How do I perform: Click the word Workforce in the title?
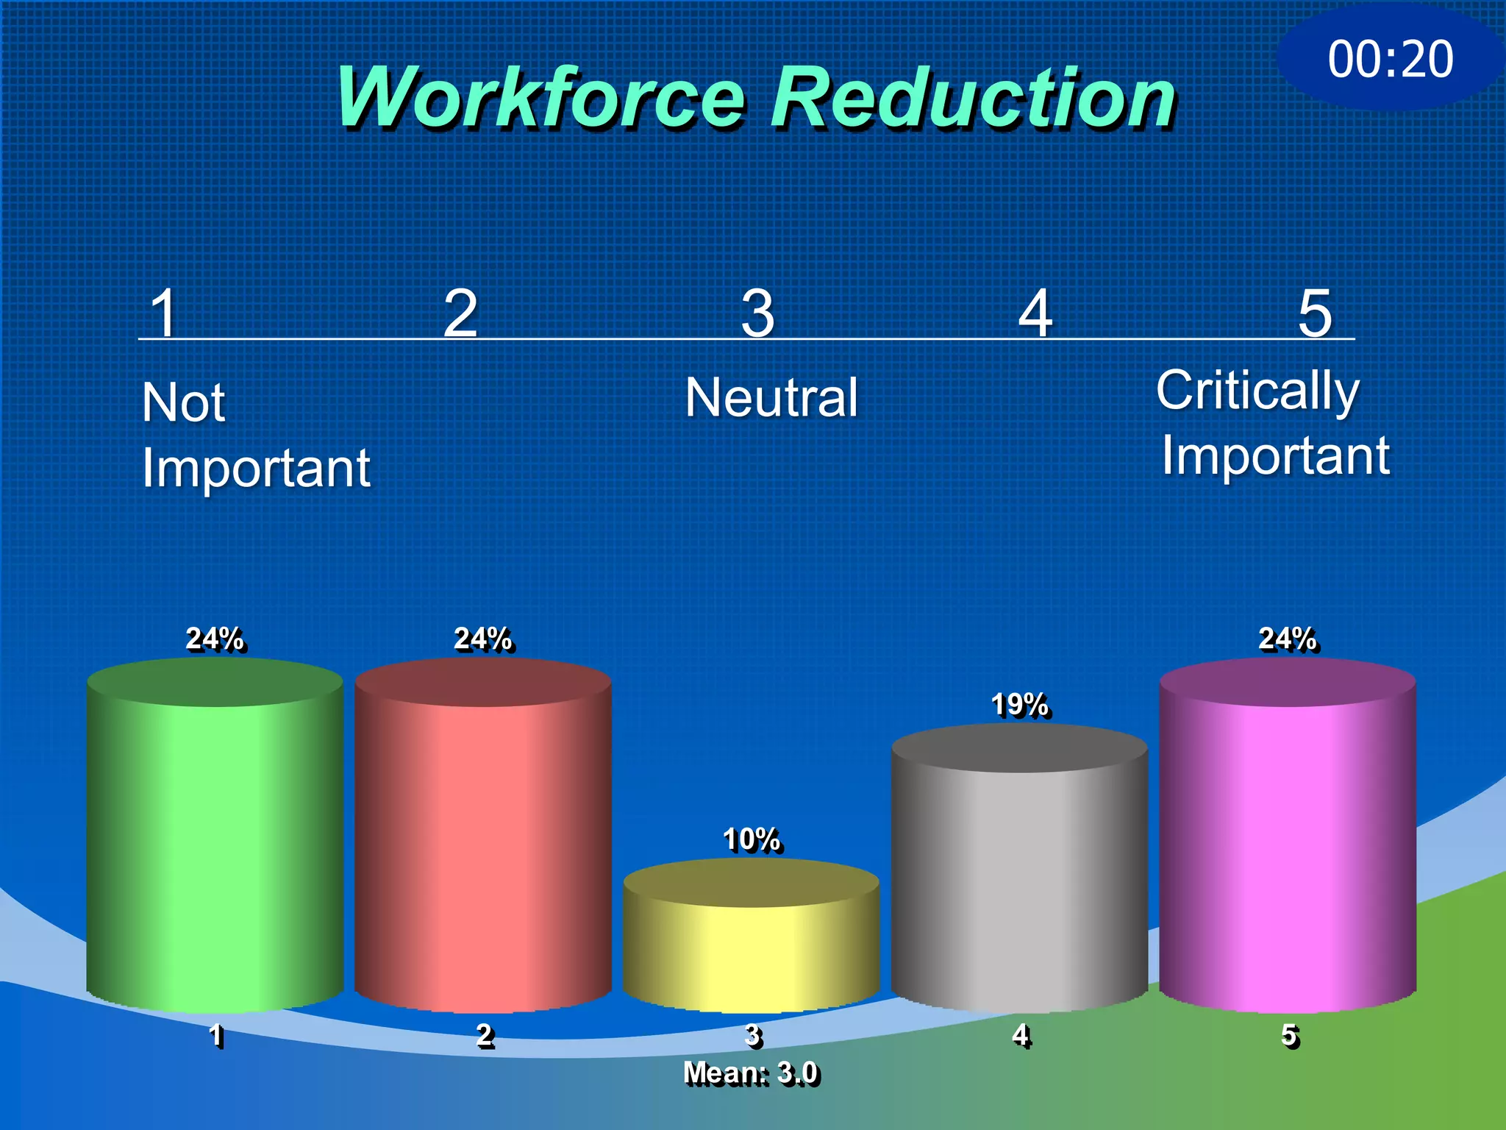coord(540,98)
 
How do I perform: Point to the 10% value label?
coord(751,839)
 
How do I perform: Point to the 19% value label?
coord(1019,705)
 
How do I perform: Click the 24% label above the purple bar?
coord(1288,639)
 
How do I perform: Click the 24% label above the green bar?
coord(215,639)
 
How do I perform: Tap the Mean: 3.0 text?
coord(751,1073)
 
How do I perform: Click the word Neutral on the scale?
coord(771,397)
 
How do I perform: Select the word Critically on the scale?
coord(1257,390)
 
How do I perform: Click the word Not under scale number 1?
coord(183,402)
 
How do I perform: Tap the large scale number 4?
coord(1035,313)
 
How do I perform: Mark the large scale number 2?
coord(461,313)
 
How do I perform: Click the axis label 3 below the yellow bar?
coord(752,1035)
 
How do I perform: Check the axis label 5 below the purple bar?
coord(1289,1035)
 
